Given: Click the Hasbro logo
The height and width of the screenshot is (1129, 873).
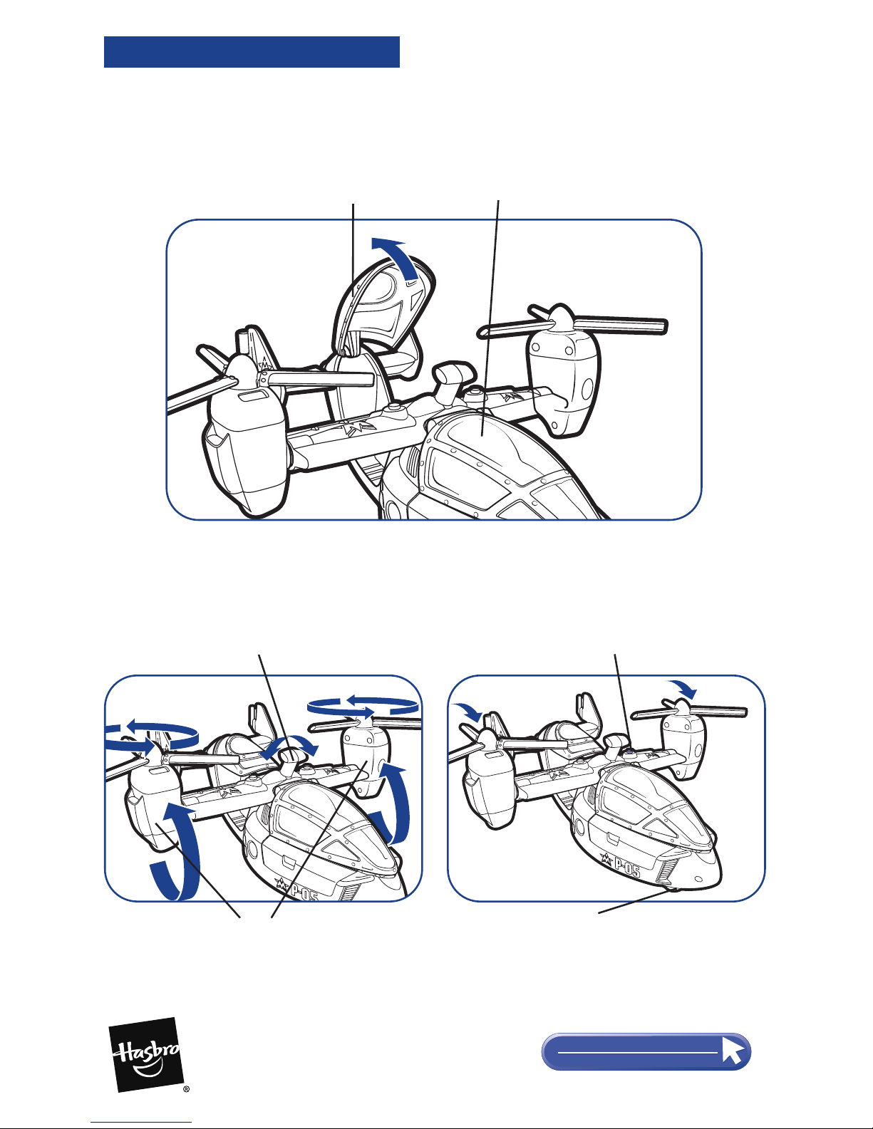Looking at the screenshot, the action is click(x=146, y=1054).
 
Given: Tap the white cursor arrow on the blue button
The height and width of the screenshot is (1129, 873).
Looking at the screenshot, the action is click(x=733, y=1051).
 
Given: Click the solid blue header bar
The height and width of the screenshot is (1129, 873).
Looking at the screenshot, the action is click(x=252, y=52).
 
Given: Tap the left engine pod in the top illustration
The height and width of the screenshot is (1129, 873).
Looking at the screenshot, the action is click(x=244, y=437).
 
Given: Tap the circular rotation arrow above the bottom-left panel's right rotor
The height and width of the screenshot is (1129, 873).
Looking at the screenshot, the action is click(x=363, y=706).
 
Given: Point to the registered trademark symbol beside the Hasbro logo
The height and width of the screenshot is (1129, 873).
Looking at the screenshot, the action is click(x=187, y=1088).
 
